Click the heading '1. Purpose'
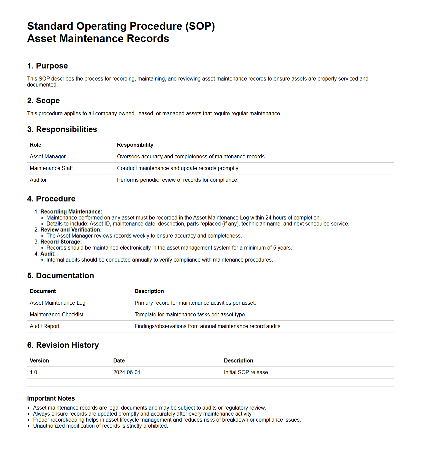pyautogui.click(x=47, y=66)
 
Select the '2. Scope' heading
pyautogui.click(x=43, y=101)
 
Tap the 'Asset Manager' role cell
pyautogui.click(x=48, y=157)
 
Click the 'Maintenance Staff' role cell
pyautogui.click(x=51, y=168)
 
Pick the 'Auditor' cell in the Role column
pyautogui.click(x=38, y=180)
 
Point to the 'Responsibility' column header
pyautogui.click(x=135, y=145)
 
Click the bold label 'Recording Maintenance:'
pyautogui.click(x=71, y=212)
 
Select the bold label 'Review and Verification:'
pyautogui.click(x=71, y=230)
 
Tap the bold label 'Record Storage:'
pyautogui.click(x=61, y=242)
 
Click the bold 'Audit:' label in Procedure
pyautogui.click(x=48, y=254)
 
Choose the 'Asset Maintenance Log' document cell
pyautogui.click(x=57, y=303)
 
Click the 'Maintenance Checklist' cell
pyautogui.click(x=57, y=315)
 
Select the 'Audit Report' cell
pyautogui.click(x=44, y=326)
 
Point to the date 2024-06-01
pyautogui.click(x=127, y=372)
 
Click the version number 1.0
pyautogui.click(x=33, y=372)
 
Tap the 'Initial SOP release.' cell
pyautogui.click(x=246, y=372)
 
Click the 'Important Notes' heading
pyautogui.click(x=51, y=399)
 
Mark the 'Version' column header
pyautogui.click(x=39, y=361)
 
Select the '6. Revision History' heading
pyautogui.click(x=63, y=345)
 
